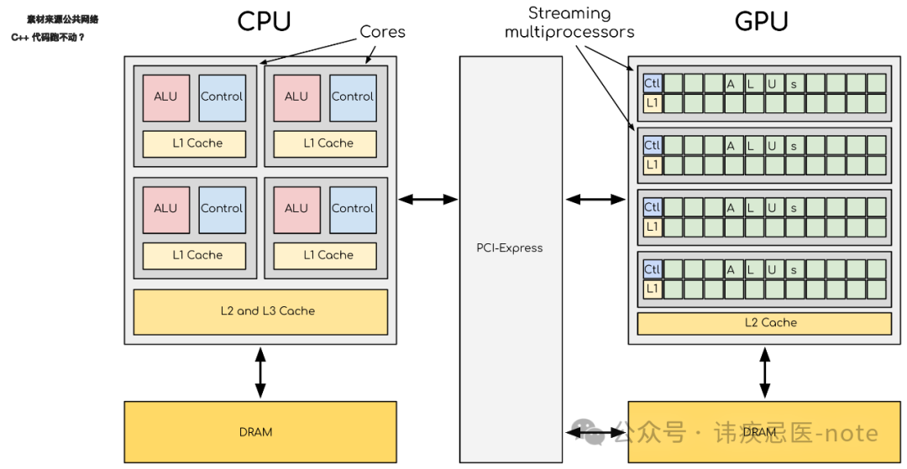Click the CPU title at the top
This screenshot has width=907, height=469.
pyautogui.click(x=264, y=21)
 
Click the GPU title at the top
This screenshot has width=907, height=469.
pyautogui.click(x=761, y=21)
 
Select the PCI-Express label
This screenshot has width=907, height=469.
pyautogui.click(x=510, y=248)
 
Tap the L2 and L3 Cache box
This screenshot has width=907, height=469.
pyautogui.click(x=260, y=311)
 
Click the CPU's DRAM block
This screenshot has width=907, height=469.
pyautogui.click(x=260, y=432)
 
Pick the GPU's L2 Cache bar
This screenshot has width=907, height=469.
pyautogui.click(x=763, y=323)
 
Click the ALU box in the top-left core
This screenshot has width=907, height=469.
pyautogui.click(x=165, y=96)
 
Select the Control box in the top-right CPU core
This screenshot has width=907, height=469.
pyautogui.click(x=353, y=96)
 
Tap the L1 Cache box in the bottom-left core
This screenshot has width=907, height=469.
pyautogui.click(x=194, y=255)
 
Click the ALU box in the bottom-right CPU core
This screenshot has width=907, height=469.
pyautogui.click(x=296, y=208)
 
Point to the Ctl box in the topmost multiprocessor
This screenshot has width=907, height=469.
pyautogui.click(x=653, y=83)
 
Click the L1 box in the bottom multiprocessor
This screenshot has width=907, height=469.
pyautogui.click(x=653, y=289)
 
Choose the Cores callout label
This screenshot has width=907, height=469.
pyautogui.click(x=382, y=32)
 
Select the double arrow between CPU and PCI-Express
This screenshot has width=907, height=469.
pyautogui.click(x=427, y=200)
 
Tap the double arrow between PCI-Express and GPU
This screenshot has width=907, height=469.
pyautogui.click(x=595, y=200)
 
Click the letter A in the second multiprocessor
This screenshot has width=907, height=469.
pyautogui.click(x=731, y=145)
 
